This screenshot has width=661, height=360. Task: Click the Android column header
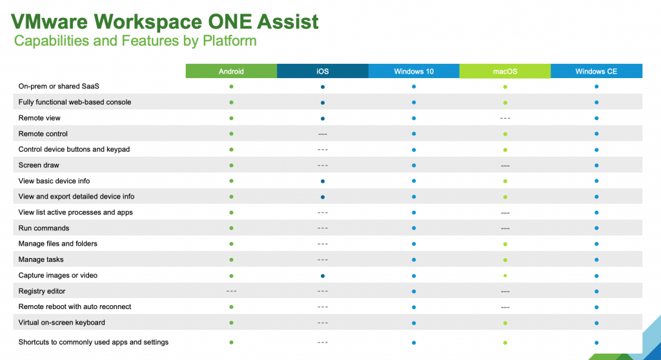coord(231,71)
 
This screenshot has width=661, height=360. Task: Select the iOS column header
coord(322,71)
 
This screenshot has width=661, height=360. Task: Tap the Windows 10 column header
coord(414,71)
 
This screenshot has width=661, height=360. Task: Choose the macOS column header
coord(505,71)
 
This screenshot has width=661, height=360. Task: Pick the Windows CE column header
coord(596,71)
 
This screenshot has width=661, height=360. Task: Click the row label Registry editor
coord(42,291)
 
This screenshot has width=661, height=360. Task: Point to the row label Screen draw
coord(39,165)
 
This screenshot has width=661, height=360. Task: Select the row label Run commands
coord(44,228)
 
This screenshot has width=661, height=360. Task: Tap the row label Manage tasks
coord(41,259)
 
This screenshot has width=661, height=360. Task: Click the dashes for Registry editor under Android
coord(231,291)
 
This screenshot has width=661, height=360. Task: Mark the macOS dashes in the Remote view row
coord(505,118)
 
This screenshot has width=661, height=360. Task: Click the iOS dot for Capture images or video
coord(322,275)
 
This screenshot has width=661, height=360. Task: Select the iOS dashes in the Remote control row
coord(322,134)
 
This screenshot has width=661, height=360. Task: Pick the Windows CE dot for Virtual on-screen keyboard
coord(596,323)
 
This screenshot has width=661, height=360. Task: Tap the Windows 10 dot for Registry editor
coord(414,291)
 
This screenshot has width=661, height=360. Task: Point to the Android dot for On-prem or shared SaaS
coord(231,86)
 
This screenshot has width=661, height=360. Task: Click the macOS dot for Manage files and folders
coord(505,244)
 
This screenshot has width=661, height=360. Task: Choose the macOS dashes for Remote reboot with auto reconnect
coord(505,307)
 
